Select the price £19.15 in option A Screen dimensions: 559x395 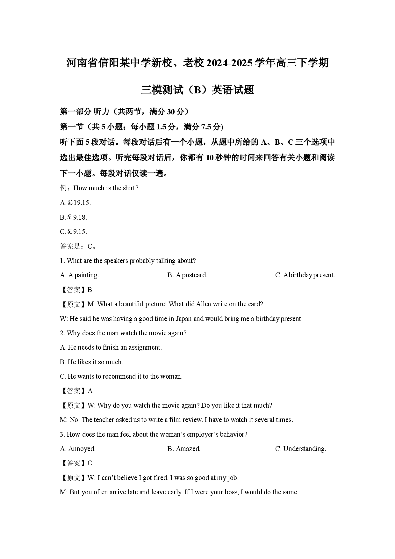click(x=79, y=203)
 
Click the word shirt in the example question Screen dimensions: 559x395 click(x=129, y=188)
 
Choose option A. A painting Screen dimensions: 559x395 click(x=79, y=275)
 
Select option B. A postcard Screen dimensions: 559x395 click(x=187, y=275)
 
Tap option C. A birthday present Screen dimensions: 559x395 click(x=305, y=275)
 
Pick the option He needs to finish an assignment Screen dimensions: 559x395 click(x=111, y=347)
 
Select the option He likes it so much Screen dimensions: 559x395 click(x=91, y=362)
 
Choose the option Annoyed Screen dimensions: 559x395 click(x=78, y=449)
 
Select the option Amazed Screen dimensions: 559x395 click(x=184, y=449)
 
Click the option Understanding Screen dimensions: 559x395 click(x=300, y=449)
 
